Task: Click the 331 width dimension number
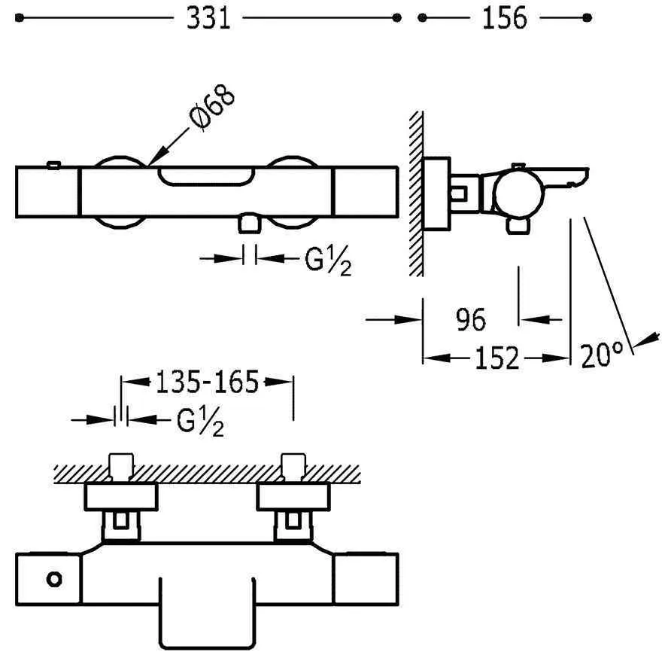(x=208, y=18)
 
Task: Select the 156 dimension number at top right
(x=505, y=18)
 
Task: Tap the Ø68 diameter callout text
(x=211, y=108)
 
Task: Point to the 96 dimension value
(x=470, y=320)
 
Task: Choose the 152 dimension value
(x=496, y=358)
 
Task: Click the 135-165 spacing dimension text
(x=207, y=382)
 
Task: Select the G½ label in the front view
(x=328, y=260)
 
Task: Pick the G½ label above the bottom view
(x=200, y=422)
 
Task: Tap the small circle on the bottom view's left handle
(x=54, y=580)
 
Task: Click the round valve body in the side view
(x=519, y=193)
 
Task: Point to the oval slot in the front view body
(x=207, y=176)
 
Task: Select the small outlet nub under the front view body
(x=250, y=224)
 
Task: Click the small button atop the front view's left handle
(x=53, y=165)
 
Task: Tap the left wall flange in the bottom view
(x=121, y=496)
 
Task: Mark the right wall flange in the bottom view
(x=293, y=496)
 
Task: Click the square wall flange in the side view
(x=437, y=194)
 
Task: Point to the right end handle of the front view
(x=366, y=192)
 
